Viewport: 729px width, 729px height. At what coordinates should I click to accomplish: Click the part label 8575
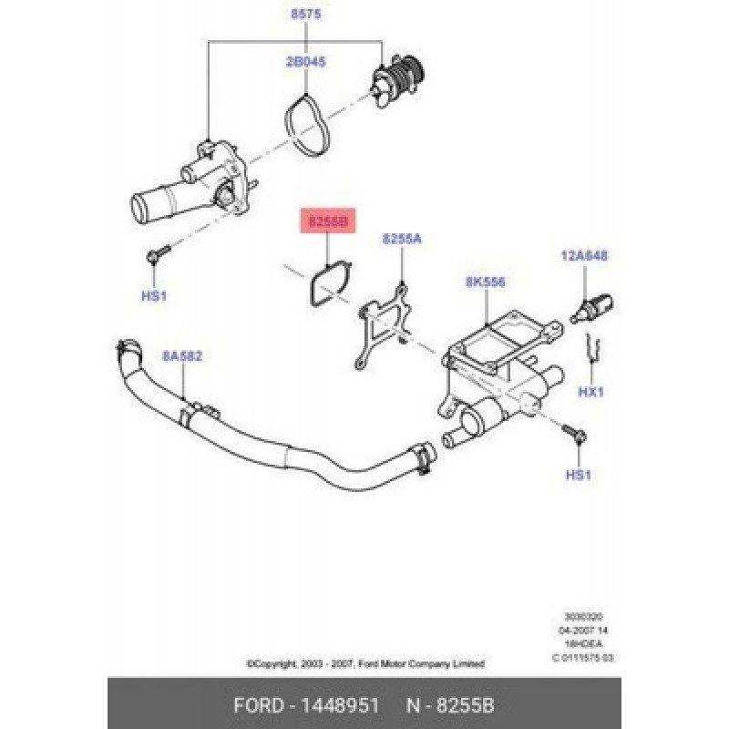click(305, 15)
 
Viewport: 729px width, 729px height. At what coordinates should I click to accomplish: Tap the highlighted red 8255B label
click(325, 221)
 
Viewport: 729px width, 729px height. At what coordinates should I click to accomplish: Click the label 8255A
click(402, 239)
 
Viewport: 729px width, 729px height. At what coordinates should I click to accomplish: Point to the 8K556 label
click(485, 282)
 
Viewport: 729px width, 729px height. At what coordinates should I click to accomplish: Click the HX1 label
click(592, 392)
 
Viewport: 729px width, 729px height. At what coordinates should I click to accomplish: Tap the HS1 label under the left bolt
click(155, 296)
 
